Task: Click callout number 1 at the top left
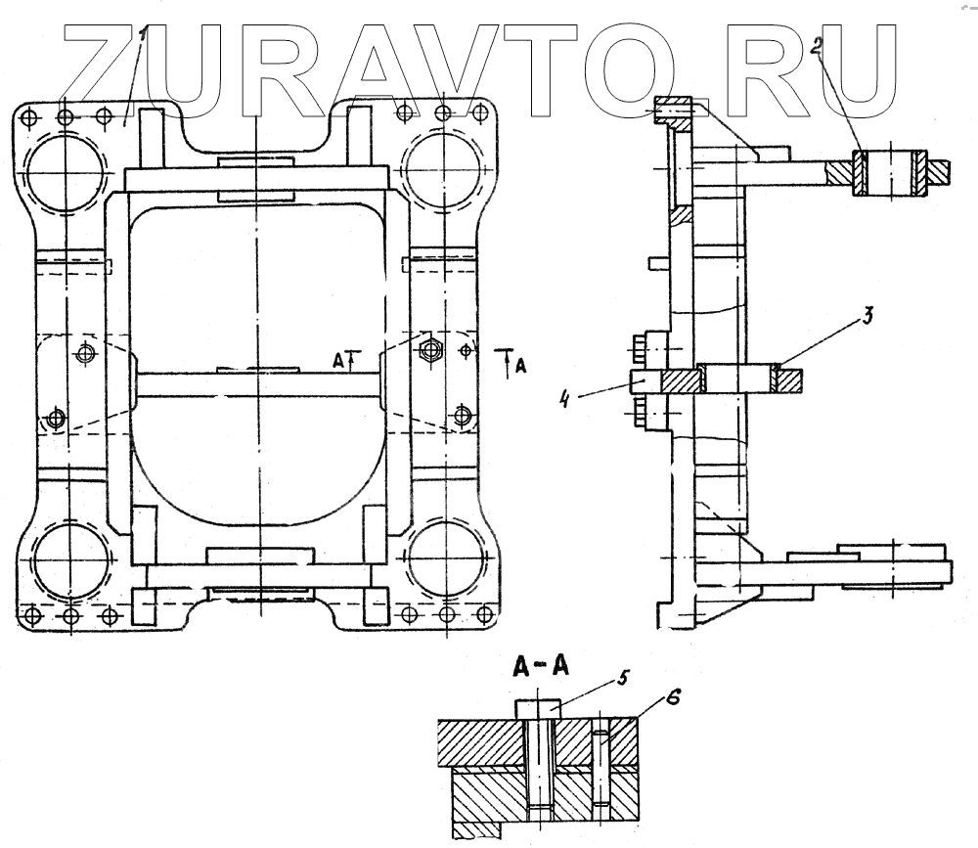tap(143, 35)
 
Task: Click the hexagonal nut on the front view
tap(427, 348)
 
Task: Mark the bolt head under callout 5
tap(538, 705)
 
